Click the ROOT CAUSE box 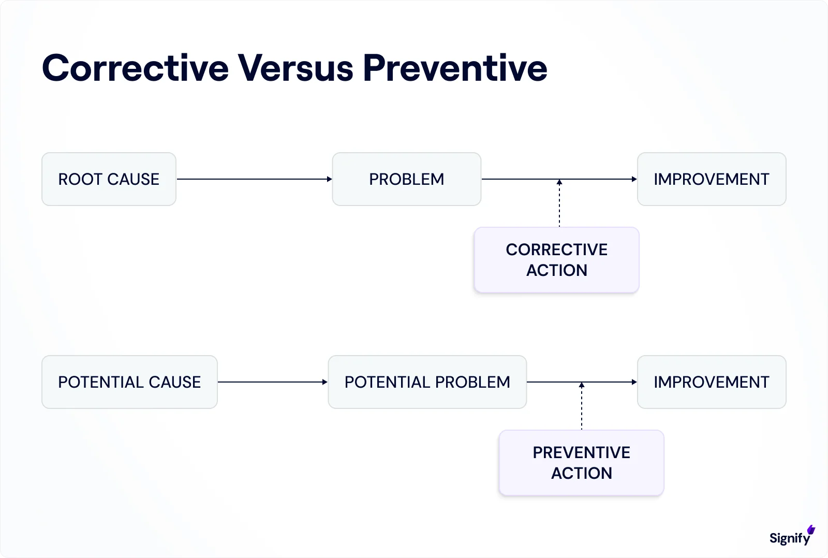coord(109,179)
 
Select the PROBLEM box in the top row coord(406,179)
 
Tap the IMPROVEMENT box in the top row coord(712,179)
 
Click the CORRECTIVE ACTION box coord(556,260)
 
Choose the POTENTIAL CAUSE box coord(129,382)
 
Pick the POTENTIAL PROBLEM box coord(427,382)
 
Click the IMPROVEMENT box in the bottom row coord(712,382)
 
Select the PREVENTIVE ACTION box coord(581,463)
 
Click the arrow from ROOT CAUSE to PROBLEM coord(254,179)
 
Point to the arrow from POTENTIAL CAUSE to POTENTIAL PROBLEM coord(272,382)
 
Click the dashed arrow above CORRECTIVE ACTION coord(559,204)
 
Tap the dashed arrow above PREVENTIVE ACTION coord(582,407)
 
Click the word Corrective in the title coord(136,68)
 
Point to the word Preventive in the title coord(455,68)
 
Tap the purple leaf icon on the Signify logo coord(811,530)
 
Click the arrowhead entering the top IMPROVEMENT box coord(634,179)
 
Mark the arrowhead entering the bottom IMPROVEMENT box coord(634,382)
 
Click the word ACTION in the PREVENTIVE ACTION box coord(581,473)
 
